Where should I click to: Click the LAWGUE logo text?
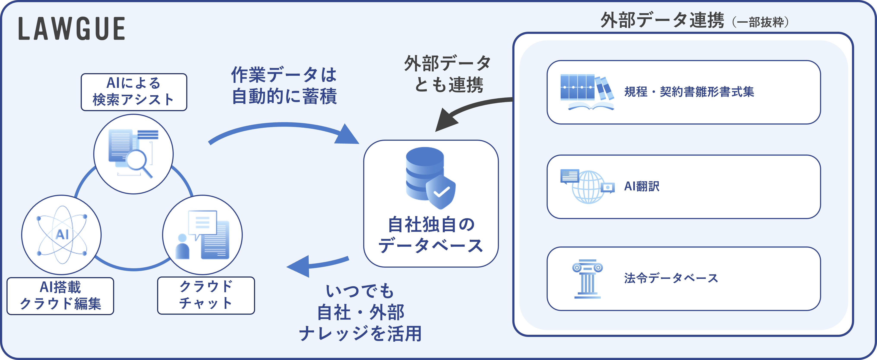71,29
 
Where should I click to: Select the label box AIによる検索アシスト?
134,92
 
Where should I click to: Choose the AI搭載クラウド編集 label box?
60,296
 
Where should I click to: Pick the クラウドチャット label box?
206,295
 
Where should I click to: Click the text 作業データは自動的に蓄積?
284,85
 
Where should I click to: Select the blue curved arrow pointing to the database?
282,131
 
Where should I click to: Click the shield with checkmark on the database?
441,193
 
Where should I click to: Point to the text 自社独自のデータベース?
431,235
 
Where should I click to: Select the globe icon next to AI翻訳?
588,187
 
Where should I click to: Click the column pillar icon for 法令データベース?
587,279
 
